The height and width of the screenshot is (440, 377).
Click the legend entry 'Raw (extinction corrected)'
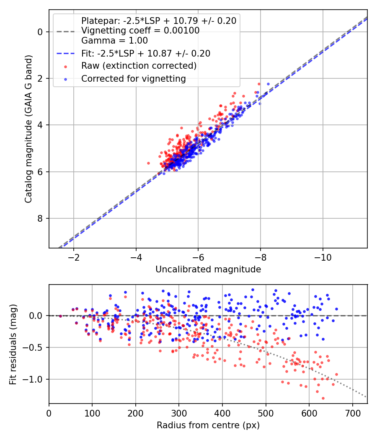(x=139, y=66)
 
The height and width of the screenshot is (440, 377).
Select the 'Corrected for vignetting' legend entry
(x=134, y=78)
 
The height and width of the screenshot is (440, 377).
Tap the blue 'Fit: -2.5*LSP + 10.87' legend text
(x=145, y=54)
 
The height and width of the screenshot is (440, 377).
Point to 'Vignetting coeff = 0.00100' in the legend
(x=140, y=31)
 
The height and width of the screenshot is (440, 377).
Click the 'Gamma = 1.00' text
(x=114, y=41)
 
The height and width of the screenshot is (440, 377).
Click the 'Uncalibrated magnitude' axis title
(x=208, y=269)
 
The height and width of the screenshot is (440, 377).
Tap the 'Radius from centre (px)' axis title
(x=208, y=425)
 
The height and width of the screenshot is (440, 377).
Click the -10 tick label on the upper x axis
(x=323, y=256)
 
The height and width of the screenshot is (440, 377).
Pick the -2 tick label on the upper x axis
(x=74, y=256)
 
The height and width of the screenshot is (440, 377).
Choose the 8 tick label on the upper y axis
(x=40, y=218)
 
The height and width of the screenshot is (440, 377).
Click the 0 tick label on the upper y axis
(x=40, y=32)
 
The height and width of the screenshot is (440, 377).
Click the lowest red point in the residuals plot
(x=323, y=398)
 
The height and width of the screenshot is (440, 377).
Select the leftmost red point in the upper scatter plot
(x=148, y=163)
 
